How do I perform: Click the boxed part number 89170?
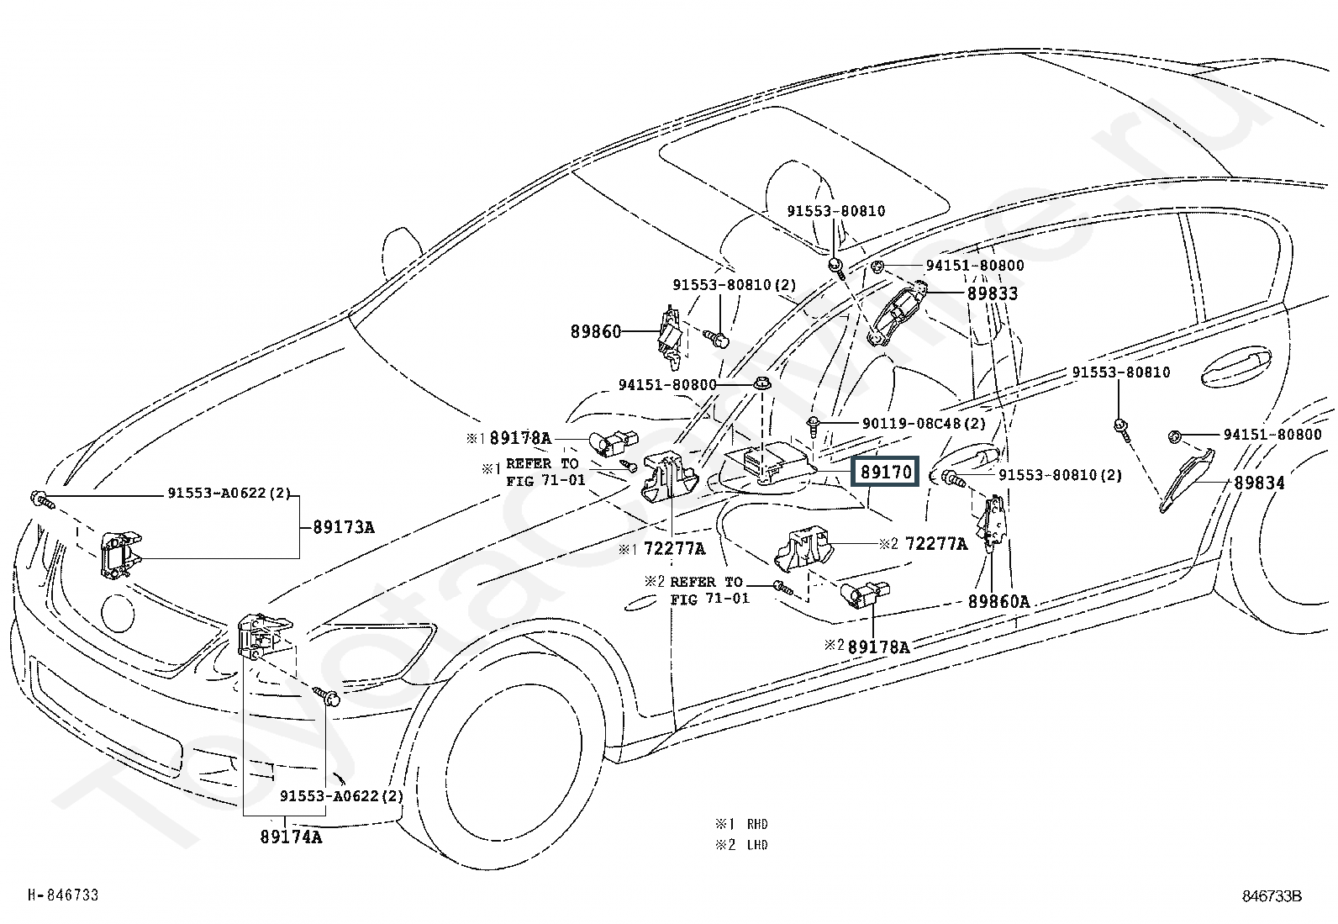(x=885, y=472)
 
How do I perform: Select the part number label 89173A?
(x=344, y=527)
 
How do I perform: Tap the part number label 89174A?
(x=291, y=837)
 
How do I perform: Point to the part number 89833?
(x=992, y=293)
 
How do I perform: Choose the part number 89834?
(x=1259, y=483)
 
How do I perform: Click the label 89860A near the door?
(x=998, y=601)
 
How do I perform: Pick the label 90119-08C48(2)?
(x=924, y=423)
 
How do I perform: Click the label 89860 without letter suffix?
(x=596, y=331)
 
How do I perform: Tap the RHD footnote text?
(x=741, y=824)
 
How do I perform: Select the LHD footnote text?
(x=741, y=845)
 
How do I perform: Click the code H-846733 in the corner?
(x=63, y=895)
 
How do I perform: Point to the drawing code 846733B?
(x=1272, y=896)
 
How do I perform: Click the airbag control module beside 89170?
(x=769, y=464)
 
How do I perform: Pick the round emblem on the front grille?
(x=119, y=613)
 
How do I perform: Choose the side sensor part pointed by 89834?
(x=1186, y=481)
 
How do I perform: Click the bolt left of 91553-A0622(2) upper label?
(x=41, y=499)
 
